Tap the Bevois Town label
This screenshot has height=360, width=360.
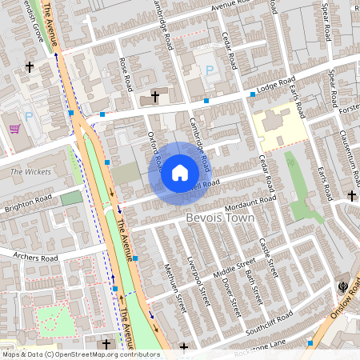(219, 218)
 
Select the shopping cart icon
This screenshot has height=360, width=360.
(14, 128)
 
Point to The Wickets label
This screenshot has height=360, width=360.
(30, 172)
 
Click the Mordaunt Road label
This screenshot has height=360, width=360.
(250, 201)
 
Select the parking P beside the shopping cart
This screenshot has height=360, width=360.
(29, 117)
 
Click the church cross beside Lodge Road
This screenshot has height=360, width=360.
(155, 98)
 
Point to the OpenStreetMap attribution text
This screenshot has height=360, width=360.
(81, 354)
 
